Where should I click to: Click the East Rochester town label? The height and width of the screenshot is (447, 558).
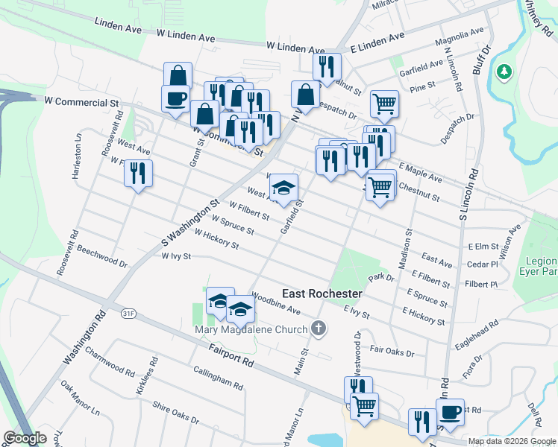[322, 294]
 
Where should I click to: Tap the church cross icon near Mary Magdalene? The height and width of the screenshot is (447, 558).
[319, 329]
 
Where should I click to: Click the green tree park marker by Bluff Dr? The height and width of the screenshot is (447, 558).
[505, 72]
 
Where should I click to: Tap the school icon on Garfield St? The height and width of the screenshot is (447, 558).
[283, 188]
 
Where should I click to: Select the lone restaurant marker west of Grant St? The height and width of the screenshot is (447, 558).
[138, 174]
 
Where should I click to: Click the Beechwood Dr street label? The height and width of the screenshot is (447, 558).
[102, 256]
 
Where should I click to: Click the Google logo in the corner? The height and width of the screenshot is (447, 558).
[25, 438]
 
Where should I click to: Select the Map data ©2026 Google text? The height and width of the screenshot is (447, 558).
[511, 441]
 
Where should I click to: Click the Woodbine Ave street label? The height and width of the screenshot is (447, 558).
[276, 302]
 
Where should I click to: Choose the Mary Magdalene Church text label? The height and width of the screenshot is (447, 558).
[250, 329]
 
